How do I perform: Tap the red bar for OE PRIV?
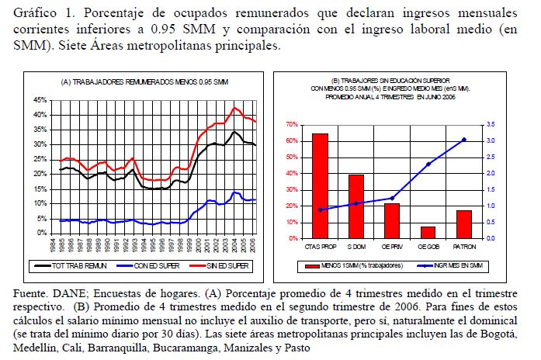[x=392, y=220]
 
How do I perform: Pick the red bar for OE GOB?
[x=428, y=232]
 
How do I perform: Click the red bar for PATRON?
[x=464, y=224]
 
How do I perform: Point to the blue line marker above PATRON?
[x=464, y=140]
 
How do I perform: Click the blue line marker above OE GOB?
[x=428, y=164]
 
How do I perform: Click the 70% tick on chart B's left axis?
[x=292, y=125]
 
